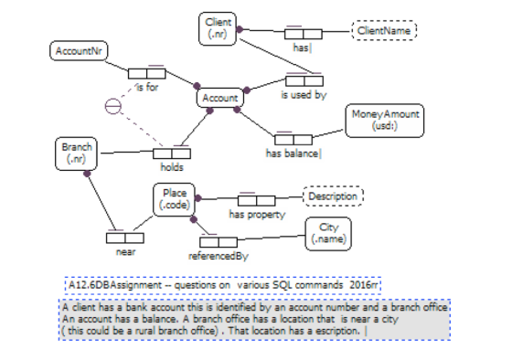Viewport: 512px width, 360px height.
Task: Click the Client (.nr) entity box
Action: click(x=218, y=28)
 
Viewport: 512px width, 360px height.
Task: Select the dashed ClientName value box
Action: click(x=384, y=31)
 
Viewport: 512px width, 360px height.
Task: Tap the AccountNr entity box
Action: click(x=79, y=51)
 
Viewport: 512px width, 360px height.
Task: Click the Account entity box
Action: click(x=220, y=98)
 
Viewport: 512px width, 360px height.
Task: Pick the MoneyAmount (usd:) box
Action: click(x=385, y=121)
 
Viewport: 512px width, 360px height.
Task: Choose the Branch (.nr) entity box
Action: click(x=77, y=154)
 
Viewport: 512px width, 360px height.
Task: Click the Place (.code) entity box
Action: click(x=175, y=199)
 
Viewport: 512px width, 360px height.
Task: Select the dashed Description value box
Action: click(x=333, y=196)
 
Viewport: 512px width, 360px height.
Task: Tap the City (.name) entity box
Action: click(x=328, y=234)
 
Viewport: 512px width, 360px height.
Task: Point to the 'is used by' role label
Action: click(x=304, y=95)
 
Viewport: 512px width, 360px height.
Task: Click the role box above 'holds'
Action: click(x=172, y=154)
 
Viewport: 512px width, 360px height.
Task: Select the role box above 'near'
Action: click(x=125, y=238)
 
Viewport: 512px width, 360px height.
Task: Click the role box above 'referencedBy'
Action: click(x=219, y=242)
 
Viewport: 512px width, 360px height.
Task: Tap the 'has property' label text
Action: click(x=257, y=215)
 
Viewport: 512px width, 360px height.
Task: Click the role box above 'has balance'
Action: click(x=293, y=140)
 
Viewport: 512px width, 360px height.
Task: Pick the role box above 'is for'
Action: click(x=147, y=73)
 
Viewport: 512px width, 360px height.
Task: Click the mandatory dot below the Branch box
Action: click(x=87, y=174)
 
